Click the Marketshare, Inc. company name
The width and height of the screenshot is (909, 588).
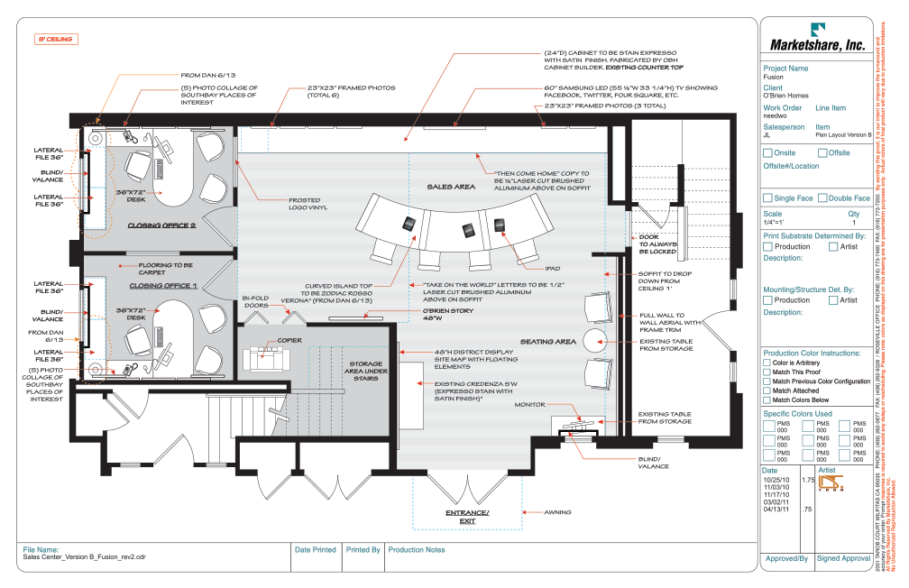[x=816, y=44]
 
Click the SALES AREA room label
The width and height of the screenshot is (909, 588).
[x=451, y=187]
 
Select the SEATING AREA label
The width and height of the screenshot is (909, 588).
[x=547, y=342]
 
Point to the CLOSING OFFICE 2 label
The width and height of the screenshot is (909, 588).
[x=161, y=225]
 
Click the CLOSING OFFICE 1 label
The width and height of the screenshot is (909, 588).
[x=162, y=286]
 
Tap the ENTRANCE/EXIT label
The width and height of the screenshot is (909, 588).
[x=466, y=517]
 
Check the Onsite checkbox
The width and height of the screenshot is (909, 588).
[x=768, y=153]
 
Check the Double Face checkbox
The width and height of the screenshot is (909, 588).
[x=822, y=198]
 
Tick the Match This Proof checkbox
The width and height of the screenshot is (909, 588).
[x=767, y=372]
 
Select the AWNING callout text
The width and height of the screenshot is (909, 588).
[x=557, y=512]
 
